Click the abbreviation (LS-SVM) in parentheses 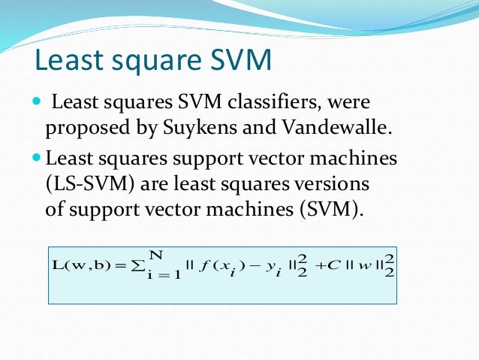pyautogui.click(x=82, y=184)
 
